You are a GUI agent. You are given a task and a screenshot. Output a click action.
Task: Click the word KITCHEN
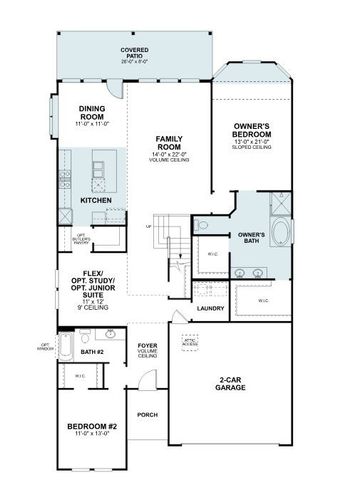97,200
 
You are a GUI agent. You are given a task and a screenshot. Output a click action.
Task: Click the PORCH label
147,414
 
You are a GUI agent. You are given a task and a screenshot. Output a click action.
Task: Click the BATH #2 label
93,353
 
